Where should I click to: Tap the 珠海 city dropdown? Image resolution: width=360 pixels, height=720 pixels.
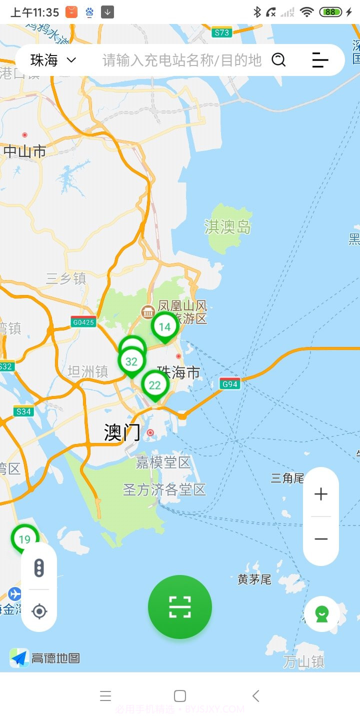click(x=53, y=60)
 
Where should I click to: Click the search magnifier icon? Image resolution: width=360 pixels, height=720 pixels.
click(x=278, y=60)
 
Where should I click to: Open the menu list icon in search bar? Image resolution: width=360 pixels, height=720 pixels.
click(x=320, y=60)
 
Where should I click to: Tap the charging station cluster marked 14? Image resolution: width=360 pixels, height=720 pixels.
click(x=164, y=327)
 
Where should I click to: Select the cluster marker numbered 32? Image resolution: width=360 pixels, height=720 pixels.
click(x=131, y=361)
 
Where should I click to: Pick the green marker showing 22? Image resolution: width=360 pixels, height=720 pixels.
click(x=155, y=385)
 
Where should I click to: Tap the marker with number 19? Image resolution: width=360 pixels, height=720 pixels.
click(x=24, y=539)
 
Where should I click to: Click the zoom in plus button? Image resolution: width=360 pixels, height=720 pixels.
click(x=321, y=494)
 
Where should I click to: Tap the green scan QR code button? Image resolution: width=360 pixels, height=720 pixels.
click(x=180, y=607)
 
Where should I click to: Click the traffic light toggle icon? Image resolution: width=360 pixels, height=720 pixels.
click(x=39, y=567)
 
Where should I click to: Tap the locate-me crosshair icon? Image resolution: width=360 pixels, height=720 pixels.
click(x=39, y=611)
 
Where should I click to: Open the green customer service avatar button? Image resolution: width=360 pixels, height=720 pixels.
click(x=322, y=614)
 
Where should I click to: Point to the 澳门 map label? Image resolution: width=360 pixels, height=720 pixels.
click(x=122, y=432)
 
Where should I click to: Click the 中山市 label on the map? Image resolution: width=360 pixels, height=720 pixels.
click(x=25, y=151)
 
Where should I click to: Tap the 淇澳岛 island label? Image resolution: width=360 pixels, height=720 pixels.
click(x=227, y=227)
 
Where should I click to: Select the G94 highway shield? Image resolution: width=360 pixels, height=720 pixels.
click(x=230, y=384)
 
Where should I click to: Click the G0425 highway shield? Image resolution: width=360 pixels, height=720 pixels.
click(x=83, y=322)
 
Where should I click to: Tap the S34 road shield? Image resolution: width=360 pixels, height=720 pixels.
click(x=23, y=411)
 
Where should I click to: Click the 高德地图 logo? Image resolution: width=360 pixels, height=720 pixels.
click(x=45, y=658)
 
